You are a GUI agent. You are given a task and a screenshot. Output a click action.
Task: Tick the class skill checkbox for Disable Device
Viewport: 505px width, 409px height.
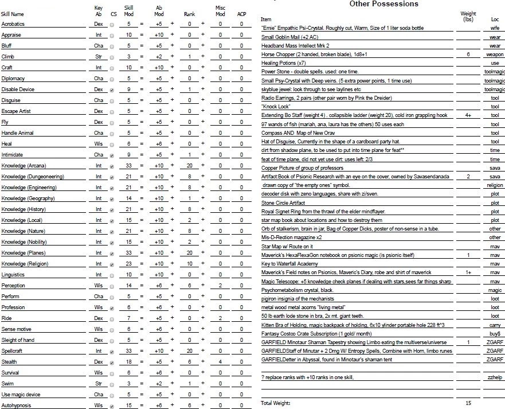[x=112, y=90]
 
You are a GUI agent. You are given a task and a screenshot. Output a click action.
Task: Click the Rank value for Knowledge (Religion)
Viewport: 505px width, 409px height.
[x=190, y=264]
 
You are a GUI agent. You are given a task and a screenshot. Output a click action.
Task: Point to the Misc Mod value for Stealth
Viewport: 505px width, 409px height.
[x=220, y=362]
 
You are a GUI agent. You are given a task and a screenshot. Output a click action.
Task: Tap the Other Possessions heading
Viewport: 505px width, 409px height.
[x=392, y=4]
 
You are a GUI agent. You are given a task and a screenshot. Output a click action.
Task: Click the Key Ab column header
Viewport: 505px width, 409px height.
[x=98, y=10]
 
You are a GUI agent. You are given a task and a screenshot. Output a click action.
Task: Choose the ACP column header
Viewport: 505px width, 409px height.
[x=242, y=14]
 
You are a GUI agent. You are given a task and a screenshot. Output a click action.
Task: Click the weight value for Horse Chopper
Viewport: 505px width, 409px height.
[x=468, y=54]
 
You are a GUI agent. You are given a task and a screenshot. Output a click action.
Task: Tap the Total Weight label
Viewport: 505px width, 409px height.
[x=276, y=403]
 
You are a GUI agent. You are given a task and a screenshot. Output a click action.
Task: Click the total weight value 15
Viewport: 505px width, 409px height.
[x=468, y=403]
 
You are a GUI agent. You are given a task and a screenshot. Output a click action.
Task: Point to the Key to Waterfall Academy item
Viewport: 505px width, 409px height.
[x=289, y=263]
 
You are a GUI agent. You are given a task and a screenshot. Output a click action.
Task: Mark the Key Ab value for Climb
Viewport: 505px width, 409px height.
[x=99, y=57]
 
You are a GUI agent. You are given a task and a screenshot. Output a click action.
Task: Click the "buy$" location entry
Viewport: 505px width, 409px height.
[x=495, y=333]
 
